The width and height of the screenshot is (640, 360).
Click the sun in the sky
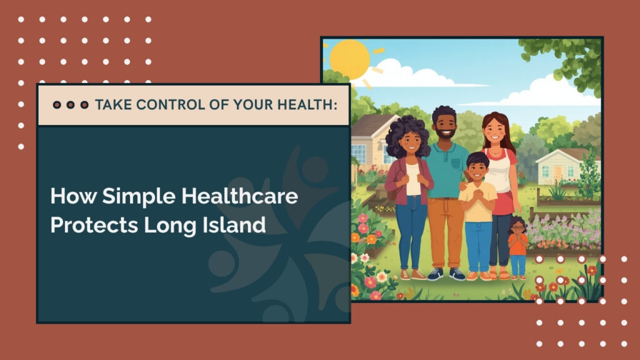[x=349, y=59]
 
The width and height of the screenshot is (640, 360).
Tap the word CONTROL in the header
[x=164, y=104]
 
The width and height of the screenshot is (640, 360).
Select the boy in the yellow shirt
[x=477, y=212]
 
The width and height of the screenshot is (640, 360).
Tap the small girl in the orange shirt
[x=517, y=246]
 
